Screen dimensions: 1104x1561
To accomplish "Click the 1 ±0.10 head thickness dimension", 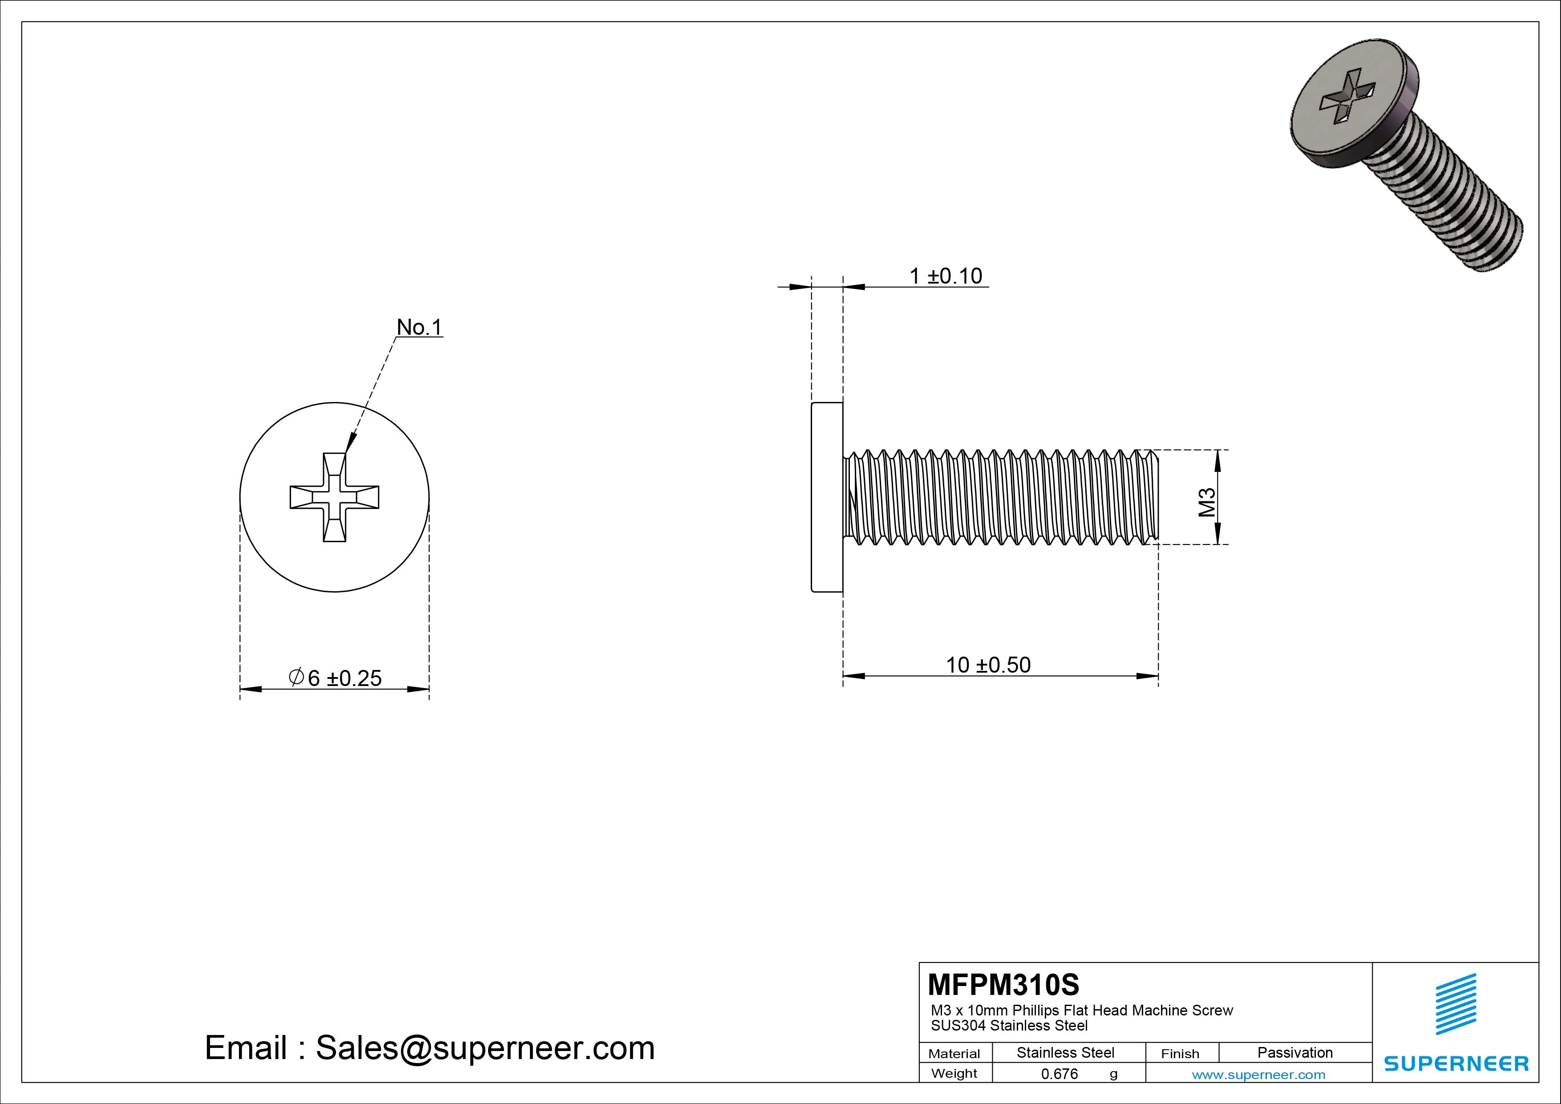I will [945, 276].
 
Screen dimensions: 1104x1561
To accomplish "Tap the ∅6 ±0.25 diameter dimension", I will [335, 678].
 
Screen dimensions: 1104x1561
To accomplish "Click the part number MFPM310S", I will [1003, 984].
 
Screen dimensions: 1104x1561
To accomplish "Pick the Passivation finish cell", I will [1294, 1052].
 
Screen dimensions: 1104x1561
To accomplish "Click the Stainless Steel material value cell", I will [1065, 1052].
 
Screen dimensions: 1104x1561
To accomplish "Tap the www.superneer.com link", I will [1258, 1075].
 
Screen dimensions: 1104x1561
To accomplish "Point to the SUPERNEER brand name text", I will [1456, 1063].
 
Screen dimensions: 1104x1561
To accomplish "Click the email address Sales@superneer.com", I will [485, 1048].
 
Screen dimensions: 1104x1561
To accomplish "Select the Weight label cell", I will [954, 1073].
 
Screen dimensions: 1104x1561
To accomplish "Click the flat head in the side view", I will [827, 497].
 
